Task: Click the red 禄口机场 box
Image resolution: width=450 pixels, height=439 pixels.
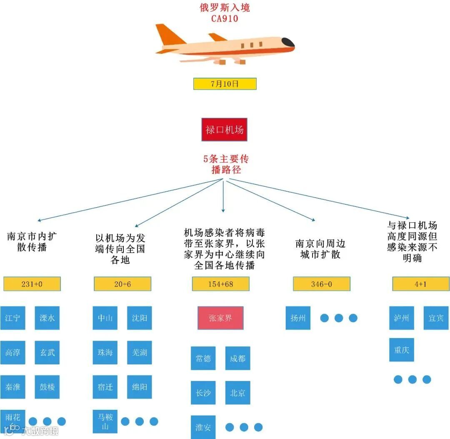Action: coord(224,130)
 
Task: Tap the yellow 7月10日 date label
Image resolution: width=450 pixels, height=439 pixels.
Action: coord(225,84)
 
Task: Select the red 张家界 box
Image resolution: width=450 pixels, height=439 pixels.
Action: coord(220,318)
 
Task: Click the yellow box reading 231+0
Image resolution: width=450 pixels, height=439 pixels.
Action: coord(32,284)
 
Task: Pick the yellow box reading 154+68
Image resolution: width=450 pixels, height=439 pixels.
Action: coord(220,284)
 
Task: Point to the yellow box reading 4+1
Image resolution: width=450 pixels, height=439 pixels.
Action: coord(421,284)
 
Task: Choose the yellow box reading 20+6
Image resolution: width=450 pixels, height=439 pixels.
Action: coord(122,284)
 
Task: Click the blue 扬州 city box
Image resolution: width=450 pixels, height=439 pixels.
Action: coord(298,318)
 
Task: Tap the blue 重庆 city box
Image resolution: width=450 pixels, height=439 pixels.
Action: coord(402,350)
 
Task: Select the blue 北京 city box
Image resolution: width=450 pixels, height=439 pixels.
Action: coord(237,393)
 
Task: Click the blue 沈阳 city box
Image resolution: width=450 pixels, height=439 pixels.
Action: coord(139,318)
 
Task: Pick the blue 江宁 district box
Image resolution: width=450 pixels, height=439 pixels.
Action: coord(12,318)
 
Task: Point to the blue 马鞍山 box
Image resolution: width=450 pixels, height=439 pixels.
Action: coord(105,421)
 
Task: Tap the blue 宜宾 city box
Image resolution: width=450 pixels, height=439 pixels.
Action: coord(436,318)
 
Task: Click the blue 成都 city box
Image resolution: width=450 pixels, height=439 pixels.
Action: coord(237,358)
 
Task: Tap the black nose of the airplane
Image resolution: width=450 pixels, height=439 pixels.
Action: coord(288,42)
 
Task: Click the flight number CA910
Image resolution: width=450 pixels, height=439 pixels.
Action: coord(225,18)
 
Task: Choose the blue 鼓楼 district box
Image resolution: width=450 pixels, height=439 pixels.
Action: coord(47,387)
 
